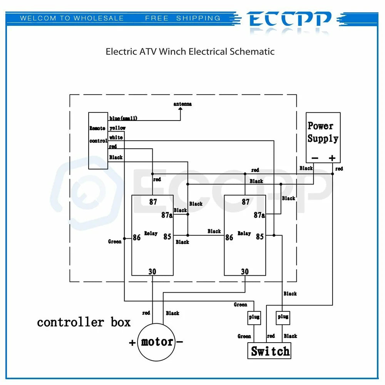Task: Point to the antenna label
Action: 182,104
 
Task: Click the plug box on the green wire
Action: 254,318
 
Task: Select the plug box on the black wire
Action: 283,318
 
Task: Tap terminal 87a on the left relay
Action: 167,215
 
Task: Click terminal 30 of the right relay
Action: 245,271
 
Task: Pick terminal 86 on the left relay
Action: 137,238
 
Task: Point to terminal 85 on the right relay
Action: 260,236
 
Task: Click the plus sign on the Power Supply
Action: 332,158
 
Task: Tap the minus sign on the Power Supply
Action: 315,158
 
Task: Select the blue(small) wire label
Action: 123,118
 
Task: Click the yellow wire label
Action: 117,128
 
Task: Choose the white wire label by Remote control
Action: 116,137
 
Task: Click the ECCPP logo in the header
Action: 289,19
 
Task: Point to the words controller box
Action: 84,322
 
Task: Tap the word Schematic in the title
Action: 252,52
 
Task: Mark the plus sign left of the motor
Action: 132,343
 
